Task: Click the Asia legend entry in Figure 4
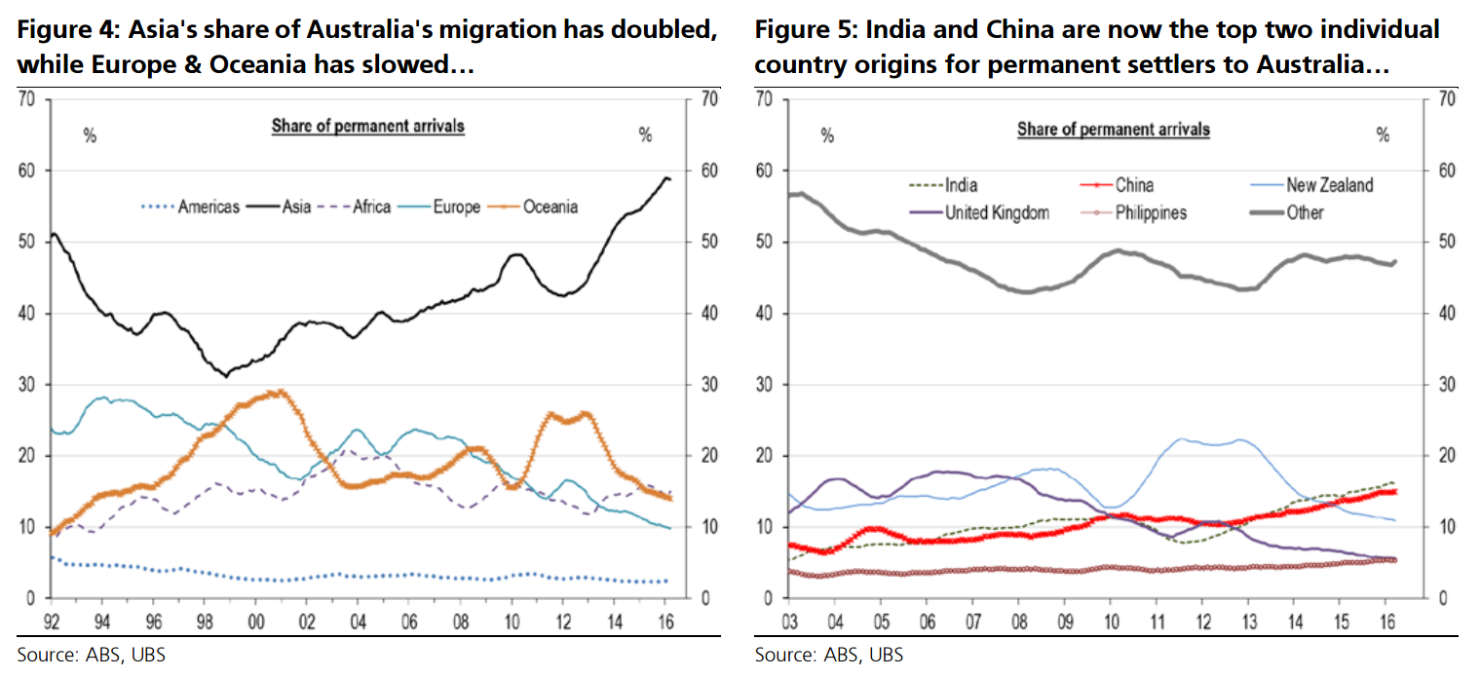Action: pos(296,207)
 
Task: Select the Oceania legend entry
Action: pos(550,207)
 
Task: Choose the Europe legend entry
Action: pos(456,207)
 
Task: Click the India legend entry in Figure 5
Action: pos(961,185)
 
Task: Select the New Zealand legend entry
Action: pos(1329,185)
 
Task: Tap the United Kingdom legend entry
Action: pos(997,212)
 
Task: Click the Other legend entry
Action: pos(1305,212)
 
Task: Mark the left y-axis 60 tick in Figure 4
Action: pos(29,171)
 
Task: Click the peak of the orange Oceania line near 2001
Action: pos(280,392)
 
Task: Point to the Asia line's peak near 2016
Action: pos(665,177)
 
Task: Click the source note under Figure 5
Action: pos(828,655)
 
